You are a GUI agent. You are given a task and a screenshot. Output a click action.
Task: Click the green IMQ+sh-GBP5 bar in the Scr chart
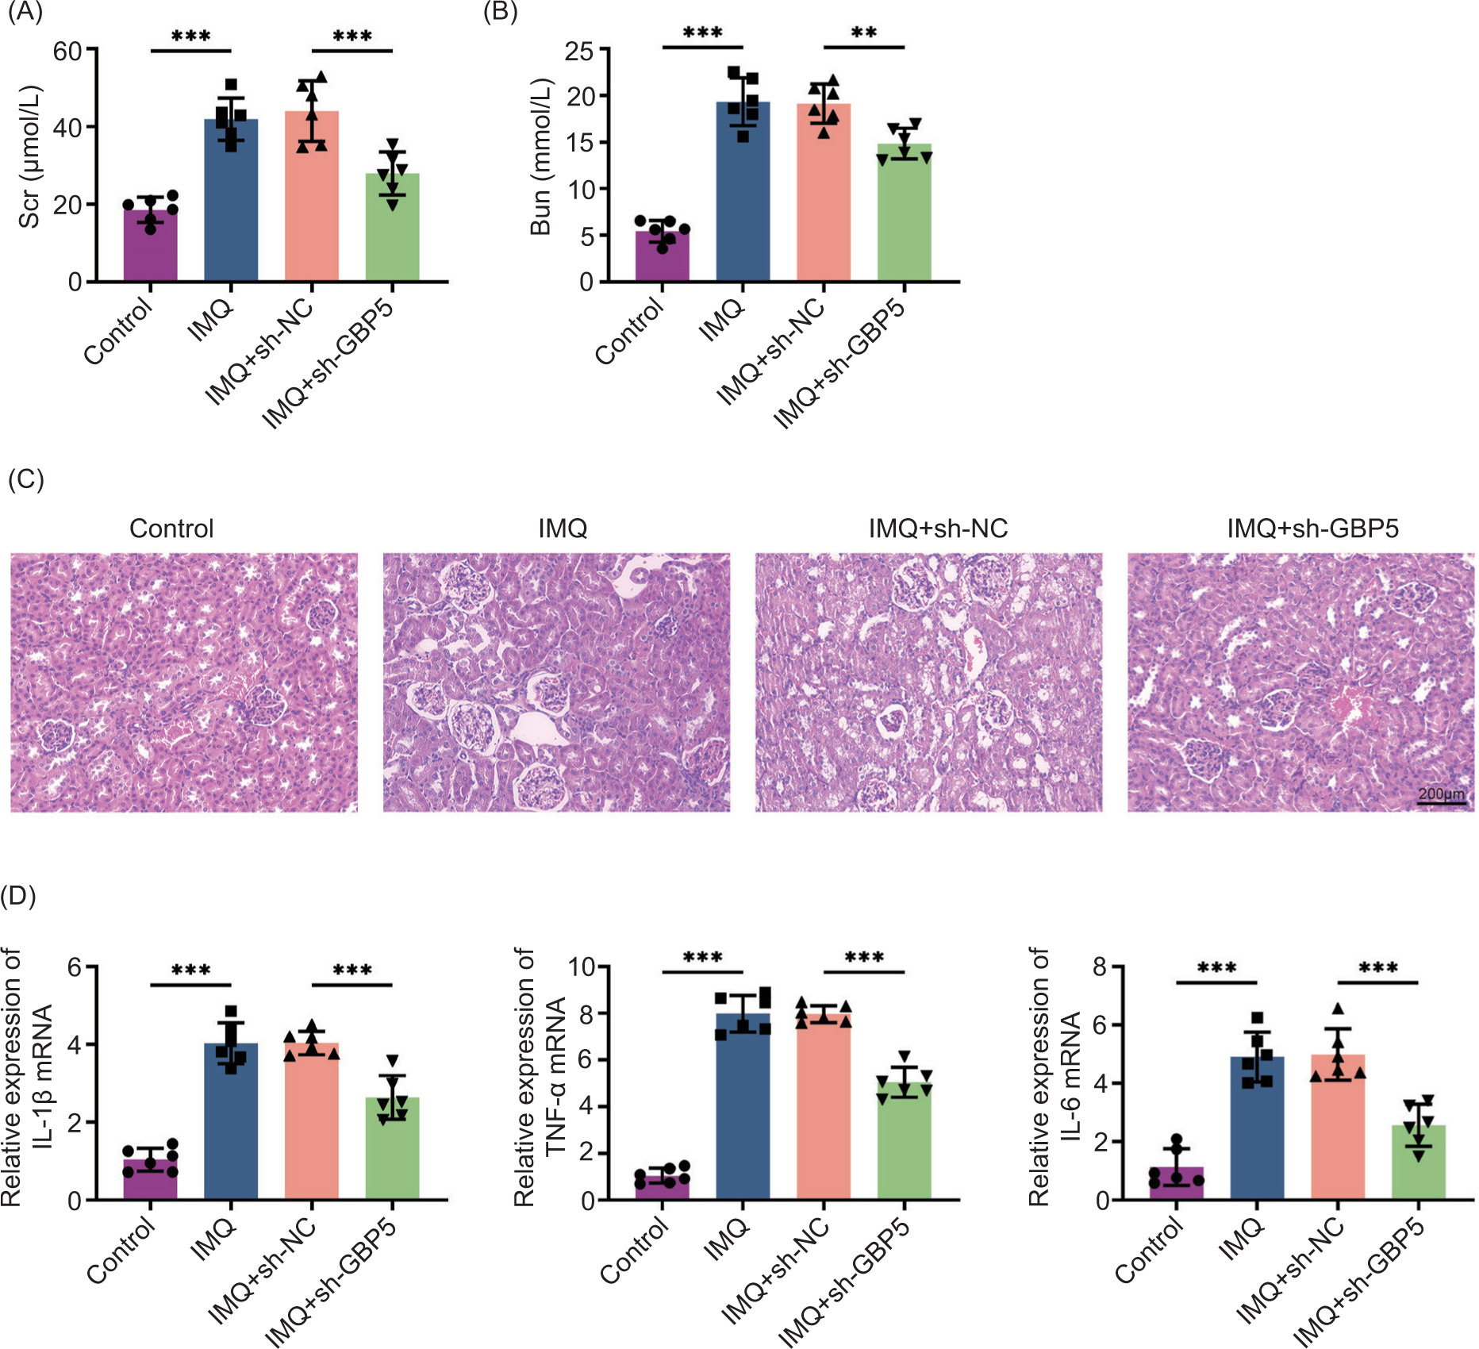point(392,234)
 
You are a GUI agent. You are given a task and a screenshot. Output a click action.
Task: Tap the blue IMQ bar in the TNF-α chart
point(743,1111)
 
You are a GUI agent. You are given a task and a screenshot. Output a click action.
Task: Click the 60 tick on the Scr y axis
point(67,52)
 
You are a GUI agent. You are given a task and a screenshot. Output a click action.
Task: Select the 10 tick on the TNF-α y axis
point(582,967)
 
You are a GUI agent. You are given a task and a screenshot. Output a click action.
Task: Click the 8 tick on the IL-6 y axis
point(1100,967)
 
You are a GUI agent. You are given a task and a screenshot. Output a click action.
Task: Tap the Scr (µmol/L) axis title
point(29,156)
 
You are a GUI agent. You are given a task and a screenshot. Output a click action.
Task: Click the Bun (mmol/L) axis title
point(540,156)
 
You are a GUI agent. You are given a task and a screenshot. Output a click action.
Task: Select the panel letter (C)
point(25,479)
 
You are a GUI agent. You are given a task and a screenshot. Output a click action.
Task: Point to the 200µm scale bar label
point(1441,794)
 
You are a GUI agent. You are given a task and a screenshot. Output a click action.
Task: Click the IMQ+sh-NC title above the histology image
point(938,528)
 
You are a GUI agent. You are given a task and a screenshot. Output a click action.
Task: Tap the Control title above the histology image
point(171,528)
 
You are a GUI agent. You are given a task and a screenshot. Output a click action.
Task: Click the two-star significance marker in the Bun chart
point(864,33)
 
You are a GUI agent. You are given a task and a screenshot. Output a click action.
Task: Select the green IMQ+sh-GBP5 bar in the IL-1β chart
point(392,1151)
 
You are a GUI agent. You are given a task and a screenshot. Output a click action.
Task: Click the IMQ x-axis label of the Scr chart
point(211,320)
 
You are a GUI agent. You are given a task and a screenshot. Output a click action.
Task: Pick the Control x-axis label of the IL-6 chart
point(1148,1251)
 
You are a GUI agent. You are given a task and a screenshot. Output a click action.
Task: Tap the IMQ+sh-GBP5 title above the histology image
point(1312,528)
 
